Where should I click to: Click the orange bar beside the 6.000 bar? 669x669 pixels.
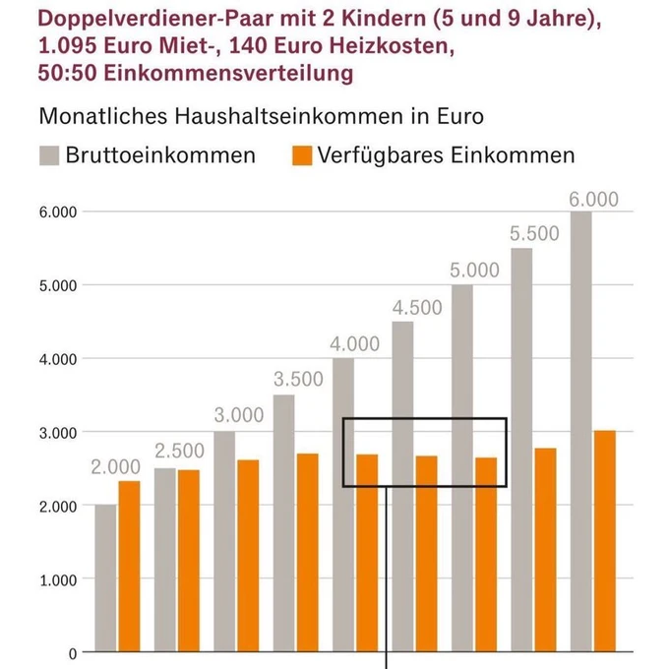pyautogui.click(x=605, y=541)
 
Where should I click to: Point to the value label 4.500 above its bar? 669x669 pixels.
pyautogui.click(x=417, y=307)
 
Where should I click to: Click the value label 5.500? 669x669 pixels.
pyautogui.click(x=534, y=234)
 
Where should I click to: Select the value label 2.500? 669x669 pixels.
pyautogui.click(x=179, y=452)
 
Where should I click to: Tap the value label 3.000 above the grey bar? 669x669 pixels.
pyautogui.click(x=238, y=415)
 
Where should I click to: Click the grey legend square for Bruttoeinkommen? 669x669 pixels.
pyautogui.click(x=49, y=155)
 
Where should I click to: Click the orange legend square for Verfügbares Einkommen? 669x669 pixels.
pyautogui.click(x=303, y=155)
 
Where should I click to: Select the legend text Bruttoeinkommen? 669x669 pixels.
pyautogui.click(x=160, y=155)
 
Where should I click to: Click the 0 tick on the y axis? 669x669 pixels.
pyautogui.click(x=72, y=652)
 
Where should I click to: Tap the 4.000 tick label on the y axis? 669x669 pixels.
pyautogui.click(x=58, y=359)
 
